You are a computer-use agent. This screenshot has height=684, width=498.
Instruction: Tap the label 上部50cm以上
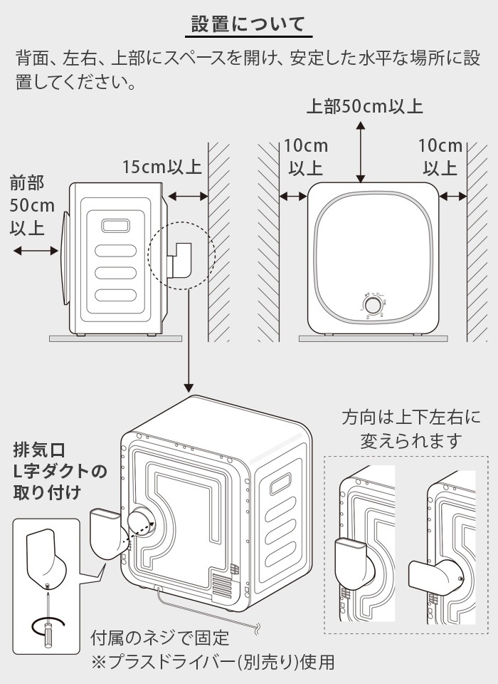coord(364,107)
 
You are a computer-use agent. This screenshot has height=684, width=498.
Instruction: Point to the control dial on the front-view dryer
coord(371,305)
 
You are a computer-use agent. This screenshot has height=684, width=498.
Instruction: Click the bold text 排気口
coord(39,450)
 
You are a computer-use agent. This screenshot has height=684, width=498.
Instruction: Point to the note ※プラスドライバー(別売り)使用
coord(212,662)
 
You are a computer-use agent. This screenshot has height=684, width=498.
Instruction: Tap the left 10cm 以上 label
coord(306,157)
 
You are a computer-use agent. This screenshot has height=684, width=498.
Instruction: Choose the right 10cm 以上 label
coord(440,157)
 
